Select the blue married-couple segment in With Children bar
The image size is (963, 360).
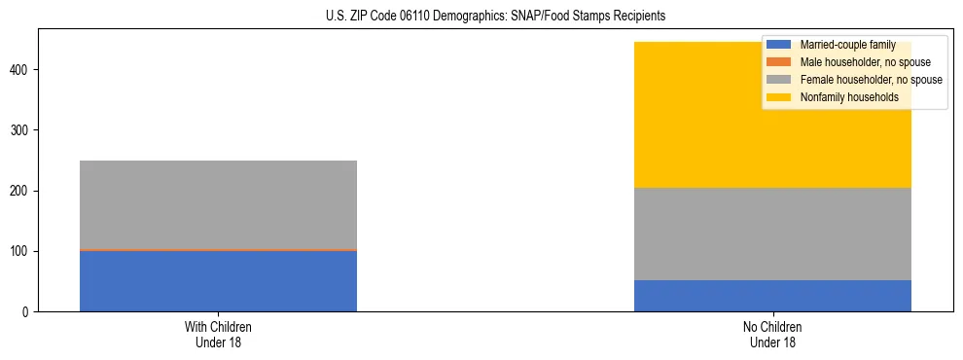click(218, 281)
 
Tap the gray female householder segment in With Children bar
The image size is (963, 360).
click(218, 204)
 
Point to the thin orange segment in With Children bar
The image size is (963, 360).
click(218, 250)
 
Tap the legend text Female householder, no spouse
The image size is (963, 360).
click(871, 80)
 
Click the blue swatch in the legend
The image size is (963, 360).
click(779, 45)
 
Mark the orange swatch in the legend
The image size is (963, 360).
click(779, 62)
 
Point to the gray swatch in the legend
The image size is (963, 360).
click(779, 80)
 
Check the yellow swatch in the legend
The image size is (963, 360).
click(779, 97)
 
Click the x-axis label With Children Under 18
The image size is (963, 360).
click(218, 334)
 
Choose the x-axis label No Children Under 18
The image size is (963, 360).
click(772, 334)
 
